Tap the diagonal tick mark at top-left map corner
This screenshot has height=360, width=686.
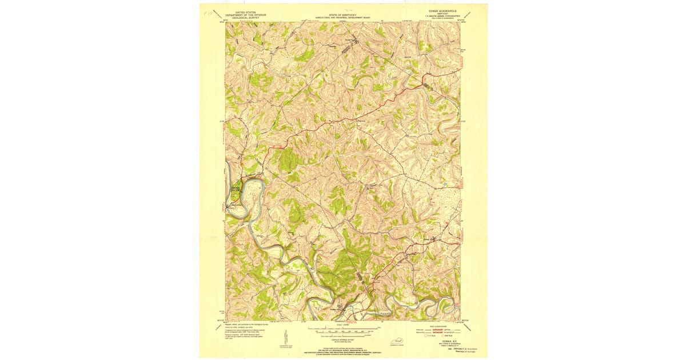218,17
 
